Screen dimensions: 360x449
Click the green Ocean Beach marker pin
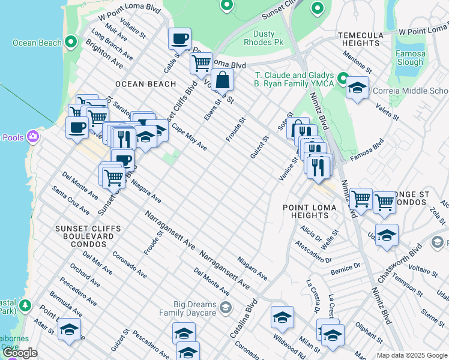[71, 42]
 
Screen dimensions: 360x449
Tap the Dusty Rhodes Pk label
[264, 38]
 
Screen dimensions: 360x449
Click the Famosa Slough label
[411, 58]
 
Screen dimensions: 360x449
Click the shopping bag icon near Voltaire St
[221, 79]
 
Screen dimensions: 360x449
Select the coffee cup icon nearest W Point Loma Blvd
[179, 39]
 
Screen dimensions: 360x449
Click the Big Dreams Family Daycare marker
[225, 308]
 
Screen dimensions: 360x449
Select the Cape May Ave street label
[189, 137]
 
